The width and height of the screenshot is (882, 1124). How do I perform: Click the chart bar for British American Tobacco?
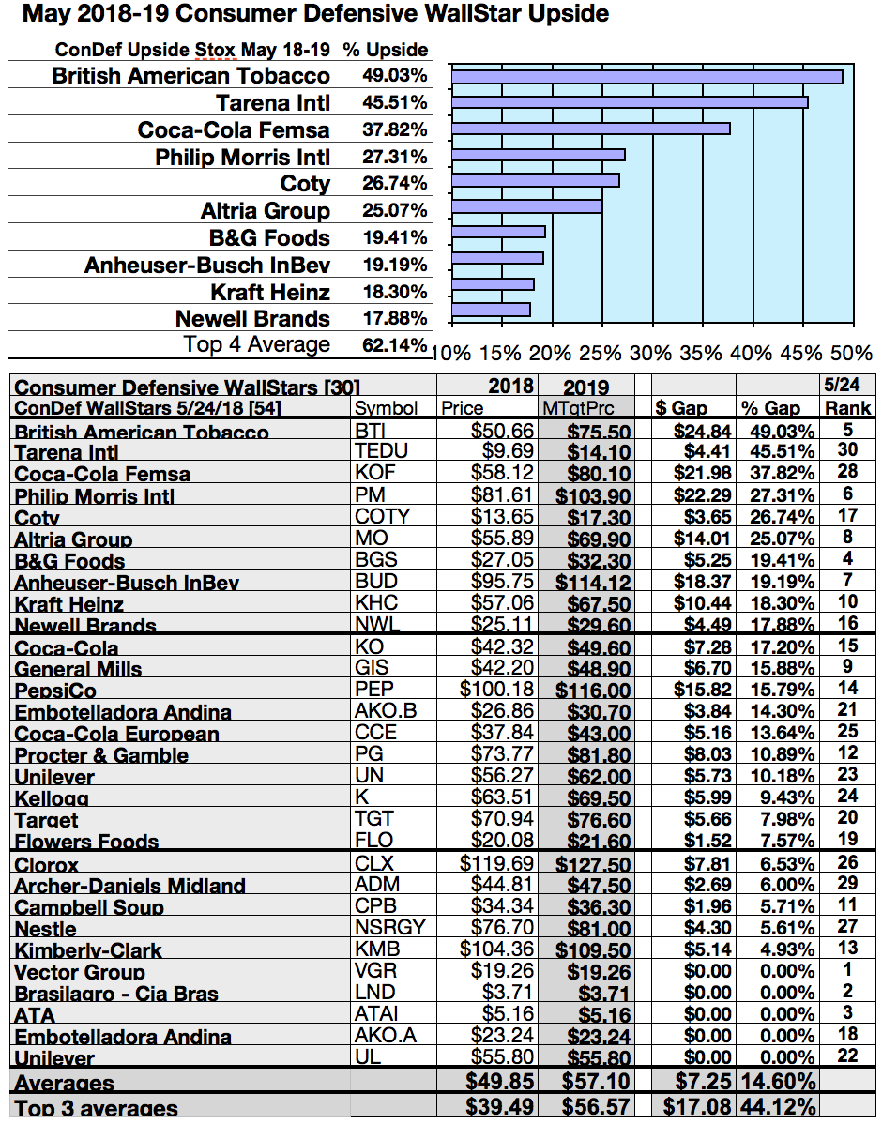point(646,77)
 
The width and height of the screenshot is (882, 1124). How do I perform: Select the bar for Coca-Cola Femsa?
point(590,129)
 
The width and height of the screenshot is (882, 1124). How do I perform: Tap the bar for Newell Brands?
point(491,310)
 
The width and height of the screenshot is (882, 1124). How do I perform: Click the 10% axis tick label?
point(451,354)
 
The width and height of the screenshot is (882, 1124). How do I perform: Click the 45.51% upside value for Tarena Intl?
point(395,102)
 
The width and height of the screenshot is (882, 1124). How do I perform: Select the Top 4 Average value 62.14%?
point(395,345)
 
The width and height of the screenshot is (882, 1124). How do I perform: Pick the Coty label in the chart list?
point(305,184)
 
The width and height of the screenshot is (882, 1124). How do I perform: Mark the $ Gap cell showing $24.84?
point(702,432)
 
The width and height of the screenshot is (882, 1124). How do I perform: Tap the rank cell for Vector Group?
point(847,970)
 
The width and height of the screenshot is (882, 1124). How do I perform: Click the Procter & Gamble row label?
point(101,755)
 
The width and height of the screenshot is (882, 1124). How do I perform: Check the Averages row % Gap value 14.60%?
point(778,1082)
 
